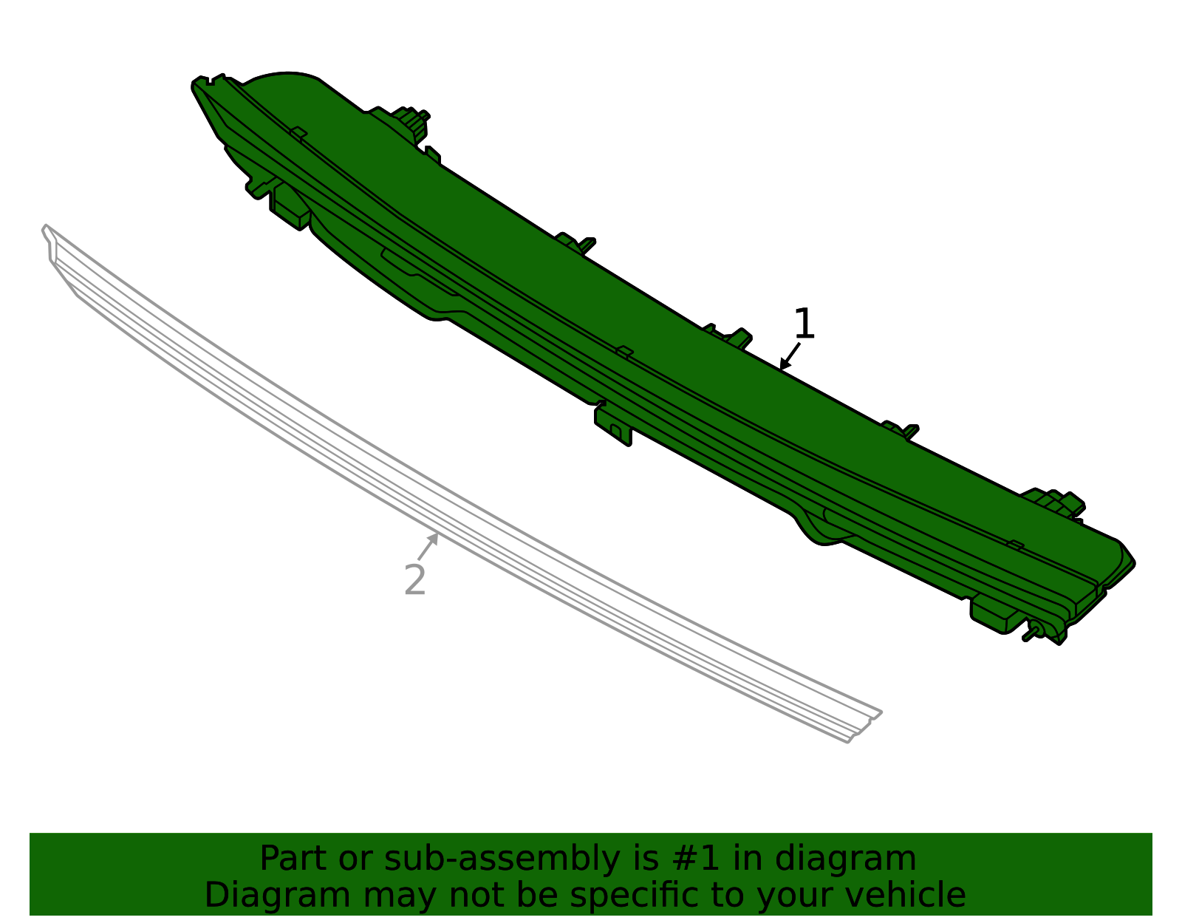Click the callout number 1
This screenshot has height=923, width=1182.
pyautogui.click(x=804, y=324)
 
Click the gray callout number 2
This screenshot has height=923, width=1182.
pyautogui.click(x=415, y=580)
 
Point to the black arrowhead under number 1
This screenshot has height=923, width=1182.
pyautogui.click(x=785, y=364)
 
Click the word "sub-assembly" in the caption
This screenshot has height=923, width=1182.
pyautogui.click(x=502, y=858)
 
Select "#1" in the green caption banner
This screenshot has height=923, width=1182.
pyautogui.click(x=696, y=858)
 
